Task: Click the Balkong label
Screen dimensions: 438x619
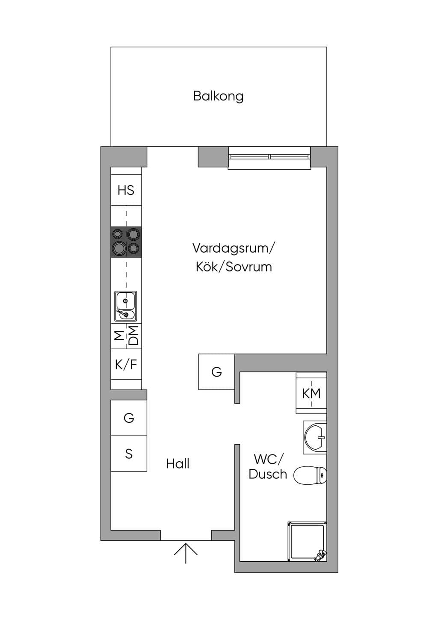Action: (x=218, y=97)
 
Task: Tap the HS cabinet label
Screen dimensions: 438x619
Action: (x=126, y=190)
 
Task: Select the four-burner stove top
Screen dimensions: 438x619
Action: (x=126, y=242)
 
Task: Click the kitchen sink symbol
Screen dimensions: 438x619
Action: (x=125, y=306)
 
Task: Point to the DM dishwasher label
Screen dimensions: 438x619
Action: (x=133, y=336)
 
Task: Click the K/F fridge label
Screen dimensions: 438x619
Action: (x=126, y=365)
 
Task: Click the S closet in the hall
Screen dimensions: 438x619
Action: (x=129, y=454)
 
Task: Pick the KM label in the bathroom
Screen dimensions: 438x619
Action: (x=311, y=394)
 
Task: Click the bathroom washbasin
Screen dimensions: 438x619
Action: (x=315, y=437)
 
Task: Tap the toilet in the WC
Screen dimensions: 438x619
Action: (x=310, y=475)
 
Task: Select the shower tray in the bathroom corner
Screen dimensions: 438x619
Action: (x=307, y=542)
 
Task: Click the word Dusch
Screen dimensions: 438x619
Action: (x=268, y=474)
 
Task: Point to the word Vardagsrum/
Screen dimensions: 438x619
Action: (x=234, y=248)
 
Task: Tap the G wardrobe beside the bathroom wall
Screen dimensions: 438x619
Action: (x=216, y=372)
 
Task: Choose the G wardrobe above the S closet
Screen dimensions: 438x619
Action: (x=129, y=418)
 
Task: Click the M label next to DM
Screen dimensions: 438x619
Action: (x=119, y=336)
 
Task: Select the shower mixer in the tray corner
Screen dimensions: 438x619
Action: (x=320, y=555)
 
